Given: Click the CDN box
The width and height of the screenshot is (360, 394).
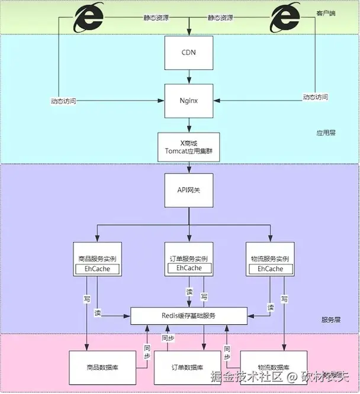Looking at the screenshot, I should pos(188,52).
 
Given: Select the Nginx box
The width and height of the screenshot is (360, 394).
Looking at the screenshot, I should pos(188,101).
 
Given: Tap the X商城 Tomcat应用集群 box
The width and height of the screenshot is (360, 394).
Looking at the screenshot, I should pos(188,146).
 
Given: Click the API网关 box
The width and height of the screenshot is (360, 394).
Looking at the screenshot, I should pos(188,190).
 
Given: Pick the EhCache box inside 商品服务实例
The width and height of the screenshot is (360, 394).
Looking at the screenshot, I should pos(97,269).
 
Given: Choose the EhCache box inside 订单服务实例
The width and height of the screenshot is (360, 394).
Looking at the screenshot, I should pos(188,269).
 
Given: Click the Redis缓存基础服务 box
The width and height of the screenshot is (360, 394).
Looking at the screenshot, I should pos(188,316).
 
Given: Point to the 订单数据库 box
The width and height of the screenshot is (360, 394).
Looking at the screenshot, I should pos(188,367).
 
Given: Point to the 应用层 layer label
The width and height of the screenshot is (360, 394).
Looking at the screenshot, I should pos(326,133).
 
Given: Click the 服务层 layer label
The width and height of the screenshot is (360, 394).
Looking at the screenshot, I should pos(331,319).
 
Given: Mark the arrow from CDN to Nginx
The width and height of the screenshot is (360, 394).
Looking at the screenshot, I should pos(188,76).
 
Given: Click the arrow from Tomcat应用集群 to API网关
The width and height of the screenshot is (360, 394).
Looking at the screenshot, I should pos(188,168).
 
